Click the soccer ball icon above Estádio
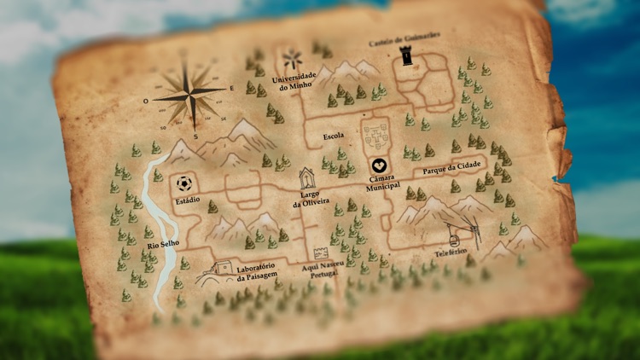(183, 183)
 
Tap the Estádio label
(187, 200)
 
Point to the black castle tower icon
(405, 58)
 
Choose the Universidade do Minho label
(294, 83)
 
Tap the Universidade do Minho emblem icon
(293, 60)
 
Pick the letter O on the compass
(146, 100)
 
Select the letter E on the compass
(233, 88)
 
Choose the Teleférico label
(453, 253)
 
